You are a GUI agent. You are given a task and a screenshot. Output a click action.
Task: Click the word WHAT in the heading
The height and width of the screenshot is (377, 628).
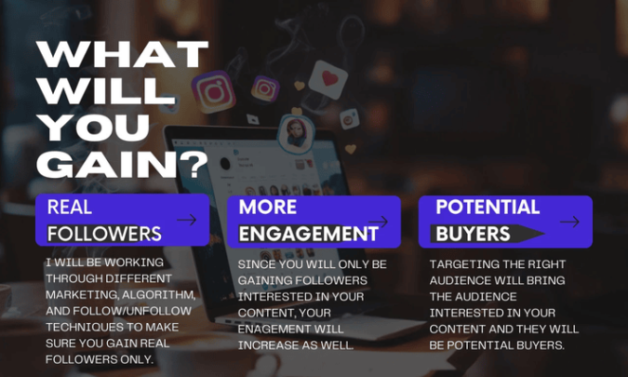tap(122, 54)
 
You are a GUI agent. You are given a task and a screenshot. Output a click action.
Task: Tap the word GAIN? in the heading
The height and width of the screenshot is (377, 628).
tap(122, 164)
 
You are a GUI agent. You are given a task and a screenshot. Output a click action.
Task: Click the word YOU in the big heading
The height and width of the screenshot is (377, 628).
tap(95, 128)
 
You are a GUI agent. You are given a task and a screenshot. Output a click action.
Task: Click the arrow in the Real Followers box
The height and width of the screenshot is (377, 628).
tap(187, 220)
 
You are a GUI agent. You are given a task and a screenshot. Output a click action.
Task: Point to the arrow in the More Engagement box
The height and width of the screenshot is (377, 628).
tap(379, 222)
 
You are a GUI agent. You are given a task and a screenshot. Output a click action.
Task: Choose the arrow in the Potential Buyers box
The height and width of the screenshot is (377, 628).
tap(570, 222)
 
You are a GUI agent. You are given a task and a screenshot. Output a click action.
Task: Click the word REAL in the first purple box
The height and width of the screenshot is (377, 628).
tap(69, 208)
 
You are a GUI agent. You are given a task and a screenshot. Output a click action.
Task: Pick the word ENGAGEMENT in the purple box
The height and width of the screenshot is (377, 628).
tap(308, 234)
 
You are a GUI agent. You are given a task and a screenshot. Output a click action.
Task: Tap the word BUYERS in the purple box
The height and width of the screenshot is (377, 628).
tap(473, 234)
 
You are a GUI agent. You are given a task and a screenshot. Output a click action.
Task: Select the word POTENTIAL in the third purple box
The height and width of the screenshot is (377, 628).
tap(488, 208)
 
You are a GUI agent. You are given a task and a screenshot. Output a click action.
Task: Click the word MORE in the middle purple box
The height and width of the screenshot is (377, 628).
tap(268, 208)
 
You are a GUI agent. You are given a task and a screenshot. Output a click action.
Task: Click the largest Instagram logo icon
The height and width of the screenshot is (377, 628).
tap(213, 92)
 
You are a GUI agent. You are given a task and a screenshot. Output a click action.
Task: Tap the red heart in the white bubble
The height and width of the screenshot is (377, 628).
tap(329, 78)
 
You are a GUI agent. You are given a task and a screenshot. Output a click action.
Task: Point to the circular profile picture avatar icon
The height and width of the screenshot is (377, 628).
tap(297, 134)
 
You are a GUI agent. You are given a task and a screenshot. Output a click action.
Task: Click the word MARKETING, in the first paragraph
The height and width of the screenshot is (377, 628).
tap(82, 295)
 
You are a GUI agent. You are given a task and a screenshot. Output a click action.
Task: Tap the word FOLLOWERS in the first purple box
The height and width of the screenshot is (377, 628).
tap(104, 234)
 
